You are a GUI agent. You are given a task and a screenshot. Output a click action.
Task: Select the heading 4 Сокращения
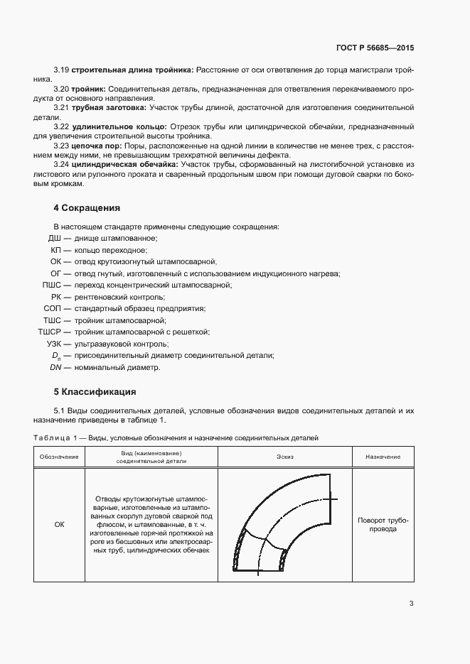[87, 208]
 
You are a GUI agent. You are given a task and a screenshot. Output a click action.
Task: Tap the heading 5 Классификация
[95, 391]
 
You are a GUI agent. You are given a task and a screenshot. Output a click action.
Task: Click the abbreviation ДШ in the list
[55, 239]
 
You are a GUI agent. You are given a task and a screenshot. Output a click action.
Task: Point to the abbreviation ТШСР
[50, 332]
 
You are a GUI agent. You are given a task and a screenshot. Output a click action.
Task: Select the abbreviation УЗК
[53, 344]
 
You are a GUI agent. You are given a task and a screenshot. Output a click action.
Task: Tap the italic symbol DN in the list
[55, 367]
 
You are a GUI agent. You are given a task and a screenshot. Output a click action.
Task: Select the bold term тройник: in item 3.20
[88, 87]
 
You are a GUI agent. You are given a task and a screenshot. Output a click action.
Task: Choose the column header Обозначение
[59, 457]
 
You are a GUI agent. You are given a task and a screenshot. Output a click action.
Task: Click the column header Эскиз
[285, 457]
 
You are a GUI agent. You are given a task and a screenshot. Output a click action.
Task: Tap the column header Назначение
[383, 457]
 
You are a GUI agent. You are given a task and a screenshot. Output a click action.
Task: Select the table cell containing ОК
[59, 524]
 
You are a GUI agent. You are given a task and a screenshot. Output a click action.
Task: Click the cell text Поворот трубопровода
[383, 524]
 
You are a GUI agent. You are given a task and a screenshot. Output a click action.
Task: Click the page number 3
[411, 604]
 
